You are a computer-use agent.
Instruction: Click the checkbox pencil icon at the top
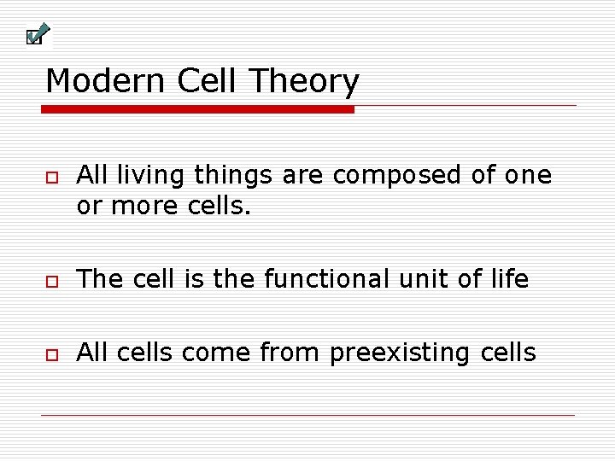point(37,35)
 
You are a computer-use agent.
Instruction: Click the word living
point(154,176)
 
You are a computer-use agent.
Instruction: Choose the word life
point(511,279)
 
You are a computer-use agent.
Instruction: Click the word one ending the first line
point(527,176)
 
